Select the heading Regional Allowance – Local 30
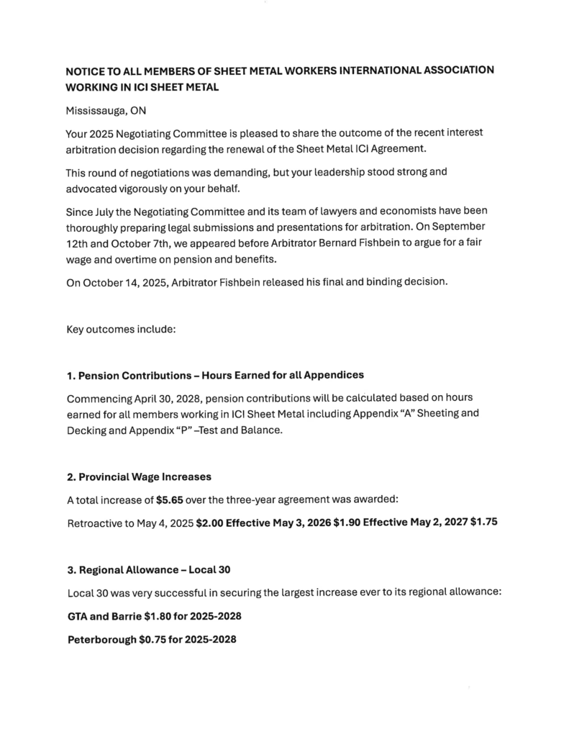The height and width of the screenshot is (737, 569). (x=149, y=570)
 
